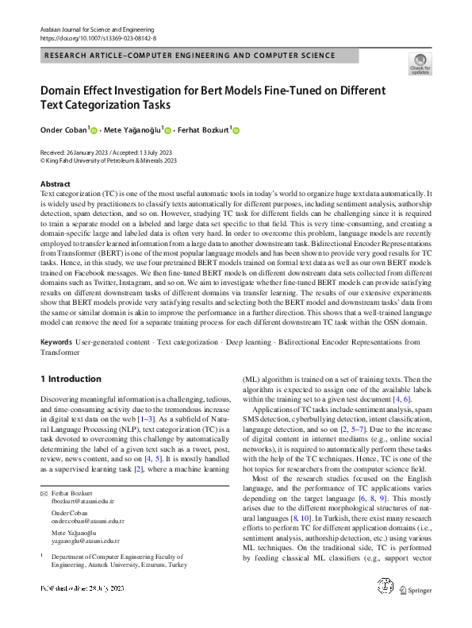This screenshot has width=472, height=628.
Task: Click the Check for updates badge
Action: pyautogui.click(x=420, y=64)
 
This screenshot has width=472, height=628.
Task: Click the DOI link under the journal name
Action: pyautogui.click(x=98, y=38)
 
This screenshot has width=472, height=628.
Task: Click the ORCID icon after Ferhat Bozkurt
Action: pyautogui.click(x=235, y=130)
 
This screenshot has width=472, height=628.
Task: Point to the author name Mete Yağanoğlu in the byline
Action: pyautogui.click(x=132, y=130)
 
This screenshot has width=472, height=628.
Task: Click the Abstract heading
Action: pyautogui.click(x=56, y=184)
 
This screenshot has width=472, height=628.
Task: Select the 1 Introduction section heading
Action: pyautogui.click(x=71, y=379)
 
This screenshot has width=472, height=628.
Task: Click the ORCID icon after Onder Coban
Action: pyautogui.click(x=94, y=130)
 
